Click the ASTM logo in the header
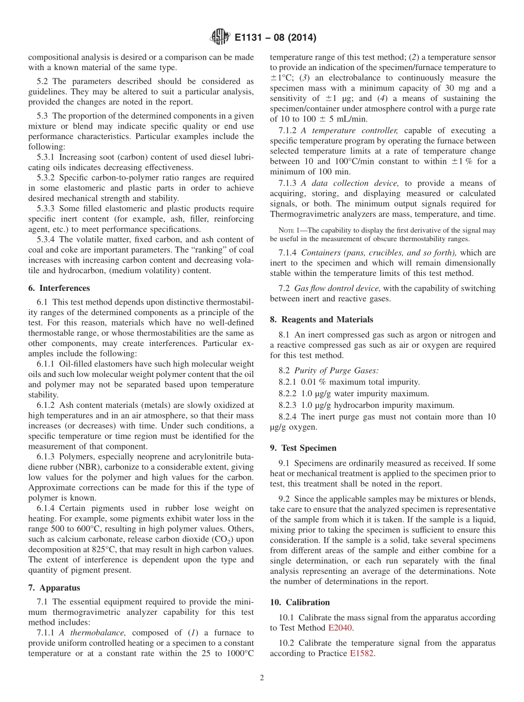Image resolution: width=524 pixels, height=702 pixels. tap(220, 38)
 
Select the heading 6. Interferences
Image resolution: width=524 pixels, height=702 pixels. tap(59, 288)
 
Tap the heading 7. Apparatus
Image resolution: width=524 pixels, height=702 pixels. tap(54, 588)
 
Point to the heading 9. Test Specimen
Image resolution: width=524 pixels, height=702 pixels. tap(303, 448)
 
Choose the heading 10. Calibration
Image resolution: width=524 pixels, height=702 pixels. tap(300, 602)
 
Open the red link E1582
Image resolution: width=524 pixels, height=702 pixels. tap(361, 653)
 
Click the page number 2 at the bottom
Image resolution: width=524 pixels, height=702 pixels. tap(262, 678)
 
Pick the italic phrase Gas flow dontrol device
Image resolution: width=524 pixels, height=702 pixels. tap(337, 288)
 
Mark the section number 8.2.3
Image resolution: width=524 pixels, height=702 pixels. tap(288, 405)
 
